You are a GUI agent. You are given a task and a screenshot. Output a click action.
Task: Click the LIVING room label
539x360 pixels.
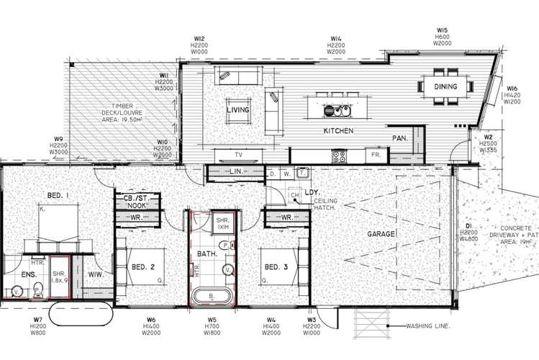(238, 109)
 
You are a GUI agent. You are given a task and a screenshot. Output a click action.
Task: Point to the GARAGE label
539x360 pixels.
(381, 234)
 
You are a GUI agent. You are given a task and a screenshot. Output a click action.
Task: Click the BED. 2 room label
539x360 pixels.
(144, 268)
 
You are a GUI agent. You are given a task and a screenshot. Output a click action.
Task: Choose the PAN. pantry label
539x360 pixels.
(401, 138)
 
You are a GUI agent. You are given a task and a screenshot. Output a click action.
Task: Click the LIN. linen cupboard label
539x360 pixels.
(236, 172)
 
